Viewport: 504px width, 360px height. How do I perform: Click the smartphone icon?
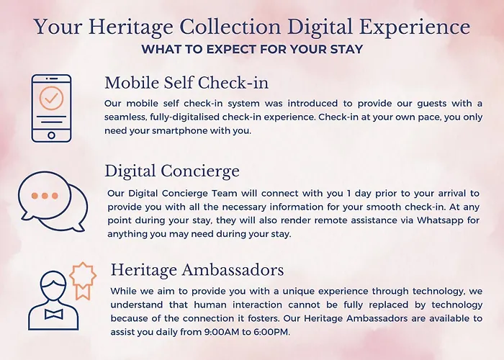point(51,108)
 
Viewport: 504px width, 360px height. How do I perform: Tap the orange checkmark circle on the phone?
point(51,98)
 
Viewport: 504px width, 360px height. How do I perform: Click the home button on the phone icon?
point(51,135)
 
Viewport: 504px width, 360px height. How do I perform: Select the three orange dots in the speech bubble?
point(45,195)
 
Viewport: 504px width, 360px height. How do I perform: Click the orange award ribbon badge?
point(83,280)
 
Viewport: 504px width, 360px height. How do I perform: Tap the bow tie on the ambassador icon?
point(54,314)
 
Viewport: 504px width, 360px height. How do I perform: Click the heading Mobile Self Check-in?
point(186,83)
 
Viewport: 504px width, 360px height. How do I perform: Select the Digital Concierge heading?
point(172,171)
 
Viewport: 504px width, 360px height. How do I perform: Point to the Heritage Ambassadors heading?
point(197,269)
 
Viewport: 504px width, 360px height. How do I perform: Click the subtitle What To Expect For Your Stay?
point(252,49)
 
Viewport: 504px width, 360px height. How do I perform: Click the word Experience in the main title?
point(414,27)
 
